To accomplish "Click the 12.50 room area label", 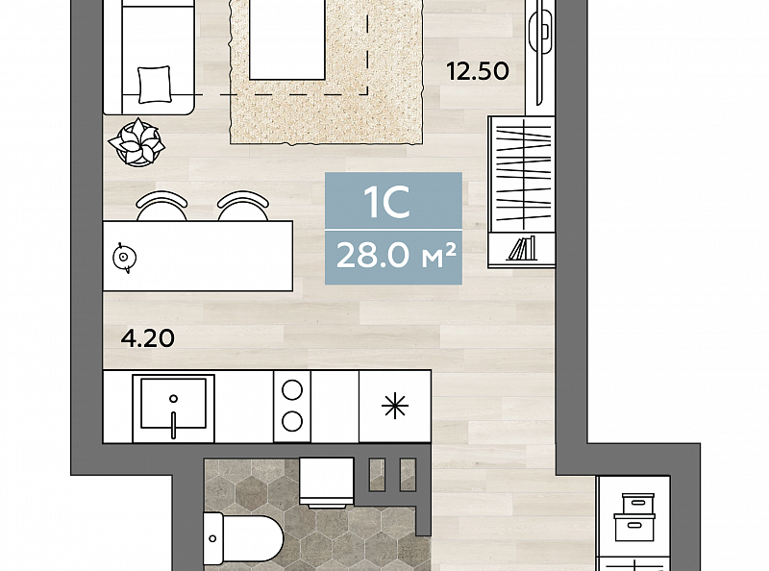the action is [478, 72].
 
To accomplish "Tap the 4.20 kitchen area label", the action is [148, 338].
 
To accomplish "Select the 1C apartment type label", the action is [386, 202].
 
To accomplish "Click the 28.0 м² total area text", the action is [396, 256].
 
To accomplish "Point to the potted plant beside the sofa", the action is [136, 142].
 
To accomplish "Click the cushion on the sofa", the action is [155, 85].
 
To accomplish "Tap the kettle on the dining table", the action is [124, 257].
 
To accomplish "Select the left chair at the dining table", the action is [161, 206].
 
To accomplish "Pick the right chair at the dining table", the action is [243, 206].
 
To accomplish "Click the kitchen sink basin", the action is [173, 402].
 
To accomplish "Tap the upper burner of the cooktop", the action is [292, 391].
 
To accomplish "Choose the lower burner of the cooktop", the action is [292, 421].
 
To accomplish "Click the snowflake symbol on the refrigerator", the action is [395, 407].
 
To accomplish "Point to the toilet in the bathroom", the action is [243, 538].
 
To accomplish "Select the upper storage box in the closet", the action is [638, 504].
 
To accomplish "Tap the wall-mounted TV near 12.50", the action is [541, 52].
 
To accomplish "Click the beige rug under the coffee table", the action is [326, 72].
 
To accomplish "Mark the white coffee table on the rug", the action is [287, 39].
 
